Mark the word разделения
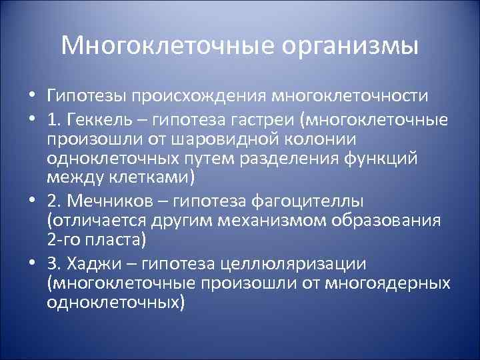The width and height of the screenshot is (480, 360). click(x=316, y=159)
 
